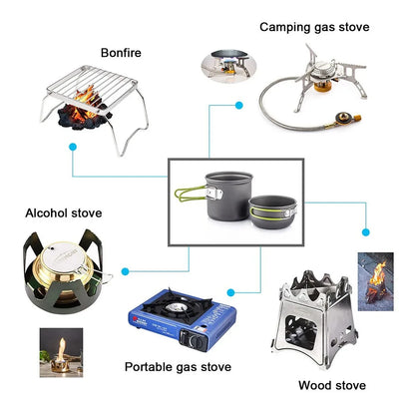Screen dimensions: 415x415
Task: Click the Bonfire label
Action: [120, 52]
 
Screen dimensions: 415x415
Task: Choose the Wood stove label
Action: [331, 384]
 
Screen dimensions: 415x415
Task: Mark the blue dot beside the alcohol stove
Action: [126, 268]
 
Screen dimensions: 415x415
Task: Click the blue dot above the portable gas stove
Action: [230, 292]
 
